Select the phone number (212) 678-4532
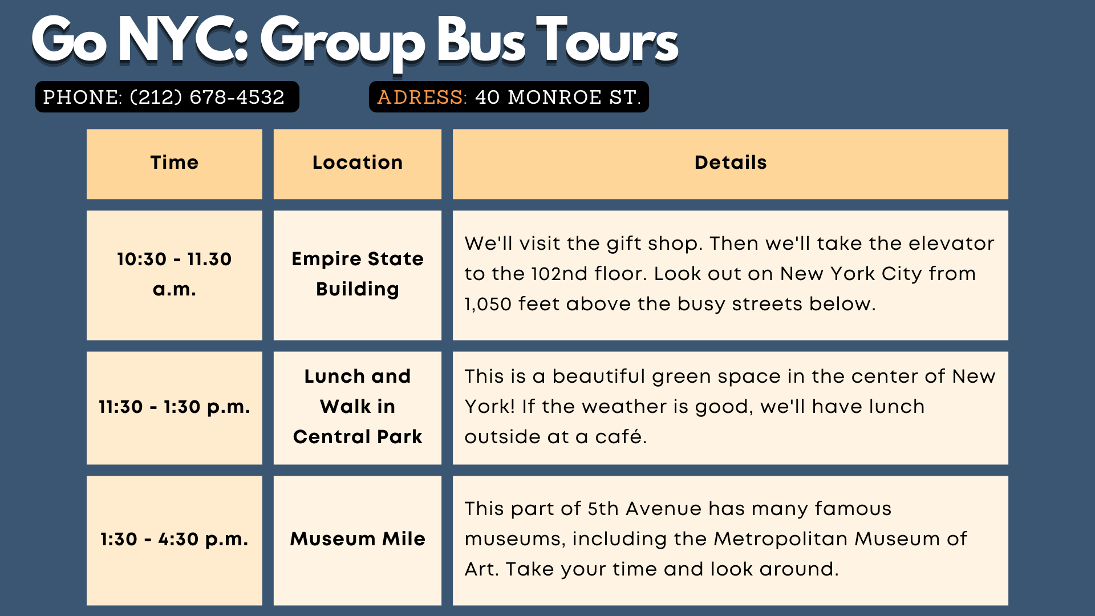pos(207,97)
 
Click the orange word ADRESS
pos(422,97)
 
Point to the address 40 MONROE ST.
pos(558,97)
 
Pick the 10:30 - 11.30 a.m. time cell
pos(175,275)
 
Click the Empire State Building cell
pos(358,275)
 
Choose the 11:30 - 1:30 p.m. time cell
pos(175,408)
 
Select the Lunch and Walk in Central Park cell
pos(358,408)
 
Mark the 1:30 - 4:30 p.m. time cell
pos(175,541)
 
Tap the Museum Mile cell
pos(358,541)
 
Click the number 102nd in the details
pos(559,274)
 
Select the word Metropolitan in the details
pos(781,539)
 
